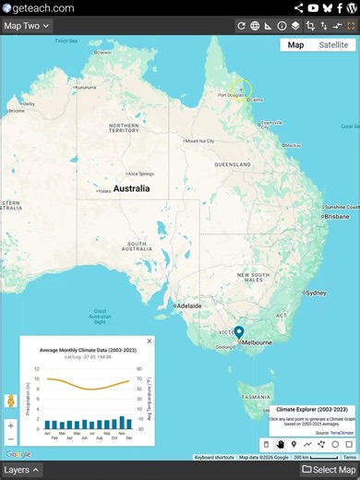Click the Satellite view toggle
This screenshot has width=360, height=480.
pos(334,44)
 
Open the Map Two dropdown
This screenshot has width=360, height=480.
pos(27,26)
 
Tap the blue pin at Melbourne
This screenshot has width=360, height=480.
pos(238,332)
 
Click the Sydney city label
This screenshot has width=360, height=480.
pos(316,294)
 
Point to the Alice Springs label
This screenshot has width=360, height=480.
pos(140,173)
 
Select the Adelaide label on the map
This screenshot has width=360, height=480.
pos(189,305)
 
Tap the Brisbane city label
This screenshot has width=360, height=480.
pos(336,217)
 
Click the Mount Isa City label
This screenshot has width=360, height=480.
pos(200,141)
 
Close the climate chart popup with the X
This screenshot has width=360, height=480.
pos(150,341)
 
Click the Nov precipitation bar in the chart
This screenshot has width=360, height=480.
pos(120,423)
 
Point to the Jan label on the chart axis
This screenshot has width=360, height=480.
pos(47,432)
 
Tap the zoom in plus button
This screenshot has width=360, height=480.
pos(11,426)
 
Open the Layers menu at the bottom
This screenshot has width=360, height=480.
pos(22,470)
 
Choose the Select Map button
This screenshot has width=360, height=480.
pos(329,470)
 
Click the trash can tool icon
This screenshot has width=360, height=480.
pos(266,444)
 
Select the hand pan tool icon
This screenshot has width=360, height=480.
pos(280,444)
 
